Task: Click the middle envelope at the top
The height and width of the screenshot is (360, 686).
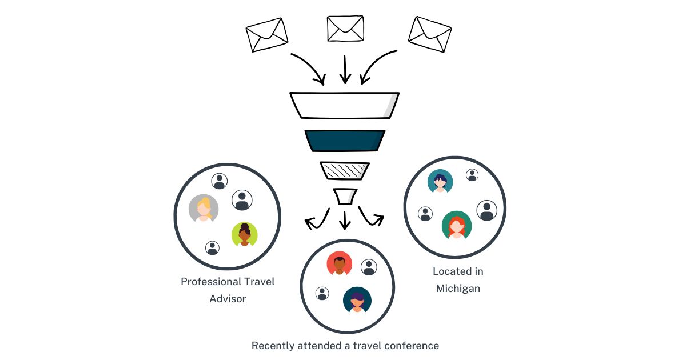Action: [345, 29]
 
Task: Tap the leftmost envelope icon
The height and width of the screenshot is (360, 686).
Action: [266, 34]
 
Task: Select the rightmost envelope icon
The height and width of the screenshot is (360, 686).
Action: [430, 34]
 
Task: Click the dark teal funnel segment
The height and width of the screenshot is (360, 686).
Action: [345, 141]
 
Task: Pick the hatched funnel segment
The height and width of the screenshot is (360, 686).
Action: [345, 170]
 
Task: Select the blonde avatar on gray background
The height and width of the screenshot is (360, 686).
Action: [204, 209]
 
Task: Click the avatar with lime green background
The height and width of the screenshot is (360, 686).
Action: [245, 234]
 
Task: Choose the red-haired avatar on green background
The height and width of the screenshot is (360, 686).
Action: [457, 225]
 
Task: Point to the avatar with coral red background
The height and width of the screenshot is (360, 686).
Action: [339, 263]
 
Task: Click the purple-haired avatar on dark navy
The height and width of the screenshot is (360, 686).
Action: [357, 300]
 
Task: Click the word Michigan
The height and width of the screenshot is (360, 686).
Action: [458, 289]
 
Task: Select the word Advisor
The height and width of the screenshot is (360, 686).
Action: [228, 299]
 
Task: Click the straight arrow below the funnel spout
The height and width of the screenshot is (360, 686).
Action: [345, 219]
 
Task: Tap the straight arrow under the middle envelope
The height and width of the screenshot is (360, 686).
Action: [344, 70]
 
